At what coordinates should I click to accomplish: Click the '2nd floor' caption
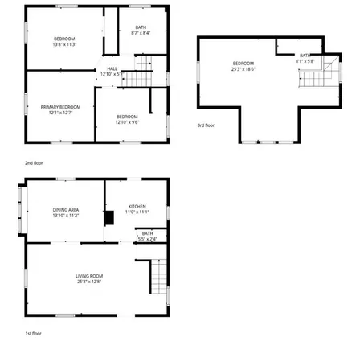pyautogui.click(x=35, y=162)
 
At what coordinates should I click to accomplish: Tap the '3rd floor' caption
pyautogui.click(x=207, y=125)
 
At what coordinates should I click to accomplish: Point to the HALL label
pyautogui.click(x=112, y=69)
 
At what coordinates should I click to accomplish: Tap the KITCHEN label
pyautogui.click(x=138, y=207)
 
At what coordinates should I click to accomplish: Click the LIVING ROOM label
pyautogui.click(x=88, y=276)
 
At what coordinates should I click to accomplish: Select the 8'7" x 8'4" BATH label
pyautogui.click(x=141, y=27)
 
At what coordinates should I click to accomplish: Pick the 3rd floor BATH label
pyautogui.click(x=305, y=56)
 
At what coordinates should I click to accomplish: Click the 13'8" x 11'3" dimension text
pyautogui.click(x=64, y=45)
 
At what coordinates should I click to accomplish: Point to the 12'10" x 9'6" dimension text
pyautogui.click(x=127, y=122)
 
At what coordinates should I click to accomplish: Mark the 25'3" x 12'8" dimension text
pyautogui.click(x=88, y=282)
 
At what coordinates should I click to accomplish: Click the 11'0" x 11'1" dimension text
pyautogui.click(x=138, y=212)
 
